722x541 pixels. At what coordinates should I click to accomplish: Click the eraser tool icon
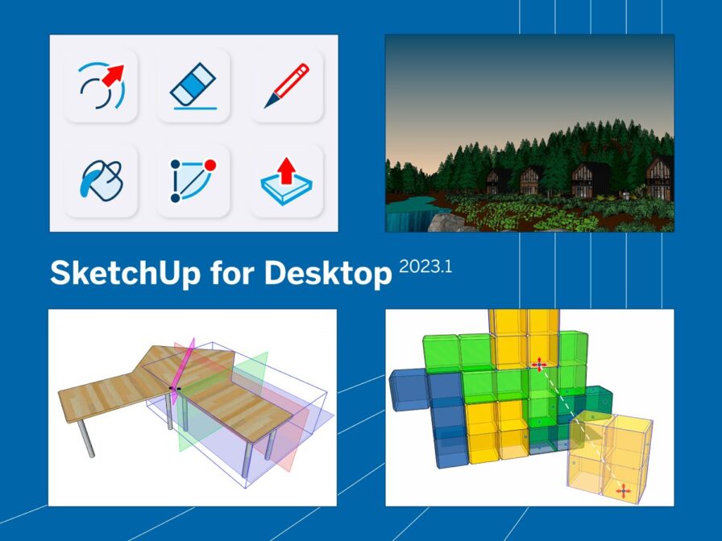[193, 86]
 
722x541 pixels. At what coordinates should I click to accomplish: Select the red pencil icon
[286, 85]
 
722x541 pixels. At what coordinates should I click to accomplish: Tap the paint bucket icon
[102, 180]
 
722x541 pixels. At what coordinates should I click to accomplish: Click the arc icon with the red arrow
[102, 85]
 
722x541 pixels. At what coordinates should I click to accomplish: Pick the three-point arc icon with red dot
[193, 180]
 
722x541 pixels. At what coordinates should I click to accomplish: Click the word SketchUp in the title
[125, 273]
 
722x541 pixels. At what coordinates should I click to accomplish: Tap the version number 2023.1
[425, 266]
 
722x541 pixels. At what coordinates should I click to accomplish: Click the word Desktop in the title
[328, 273]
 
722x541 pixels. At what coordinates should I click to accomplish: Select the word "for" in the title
[233, 272]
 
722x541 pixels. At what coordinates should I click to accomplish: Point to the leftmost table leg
[85, 439]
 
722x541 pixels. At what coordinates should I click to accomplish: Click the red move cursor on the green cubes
[539, 365]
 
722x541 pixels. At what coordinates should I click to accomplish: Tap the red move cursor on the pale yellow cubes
[624, 491]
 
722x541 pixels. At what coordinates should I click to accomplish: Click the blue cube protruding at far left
[409, 390]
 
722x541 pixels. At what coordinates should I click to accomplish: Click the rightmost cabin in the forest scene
[659, 178]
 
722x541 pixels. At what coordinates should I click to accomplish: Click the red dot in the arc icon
[210, 165]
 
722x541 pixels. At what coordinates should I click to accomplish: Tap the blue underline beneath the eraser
[195, 109]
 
